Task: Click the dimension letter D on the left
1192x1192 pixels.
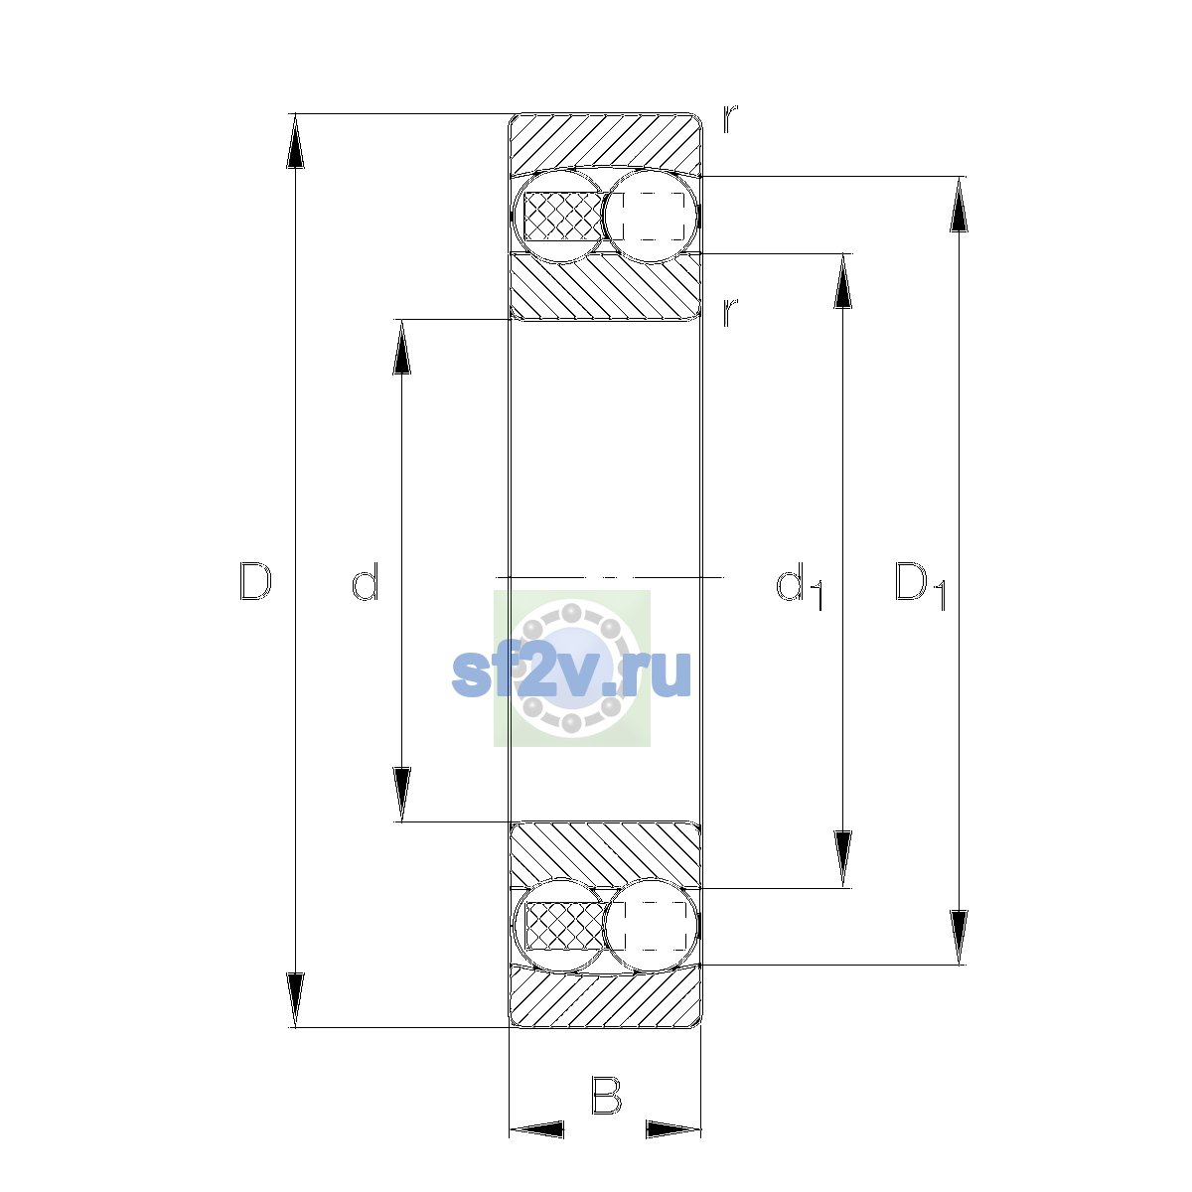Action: click(255, 581)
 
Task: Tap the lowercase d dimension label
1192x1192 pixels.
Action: click(365, 581)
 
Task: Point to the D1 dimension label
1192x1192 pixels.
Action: click(921, 585)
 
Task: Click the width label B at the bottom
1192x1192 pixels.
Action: click(606, 1095)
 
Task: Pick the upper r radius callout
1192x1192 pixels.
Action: click(730, 119)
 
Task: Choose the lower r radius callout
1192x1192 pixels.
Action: click(730, 312)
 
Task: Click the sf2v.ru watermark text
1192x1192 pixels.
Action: click(571, 673)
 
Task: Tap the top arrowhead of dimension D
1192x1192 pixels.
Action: click(295, 141)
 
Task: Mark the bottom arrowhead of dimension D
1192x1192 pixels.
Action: click(295, 1000)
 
